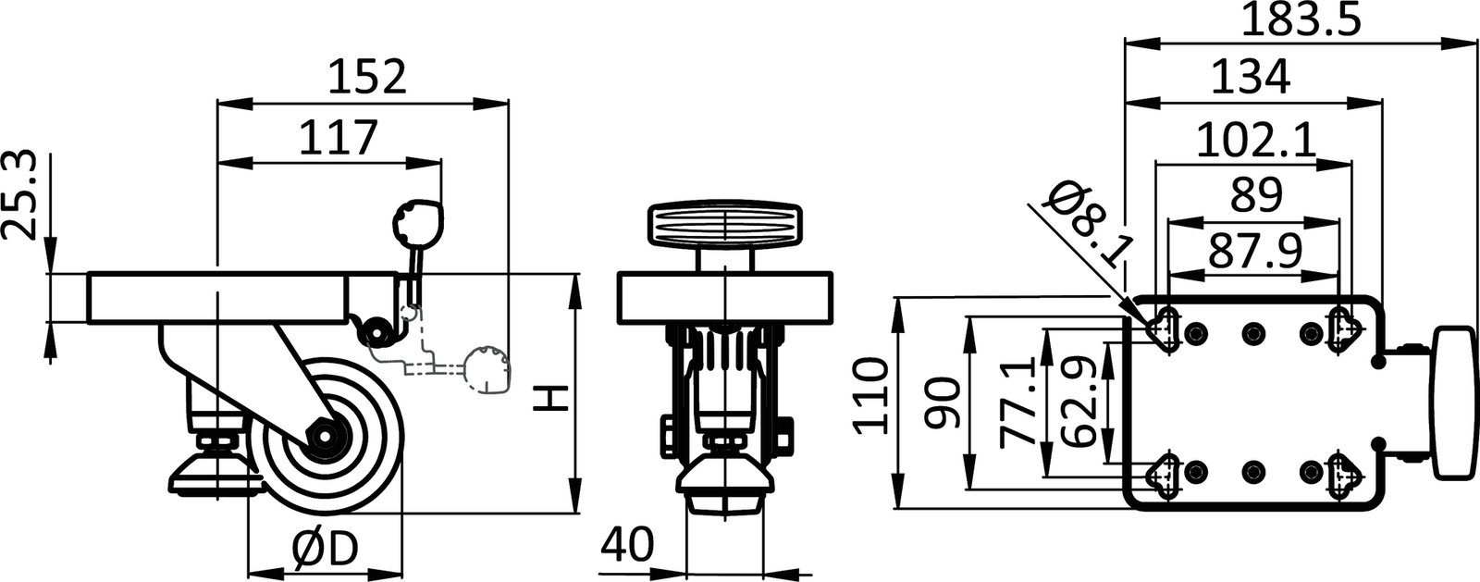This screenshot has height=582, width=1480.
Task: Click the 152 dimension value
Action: [367, 78]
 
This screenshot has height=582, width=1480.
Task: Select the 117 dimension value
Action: [339, 138]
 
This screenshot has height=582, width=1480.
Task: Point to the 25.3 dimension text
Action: [23, 196]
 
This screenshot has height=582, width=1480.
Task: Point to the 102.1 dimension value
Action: [1255, 141]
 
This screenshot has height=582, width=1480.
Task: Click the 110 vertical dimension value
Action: [872, 398]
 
